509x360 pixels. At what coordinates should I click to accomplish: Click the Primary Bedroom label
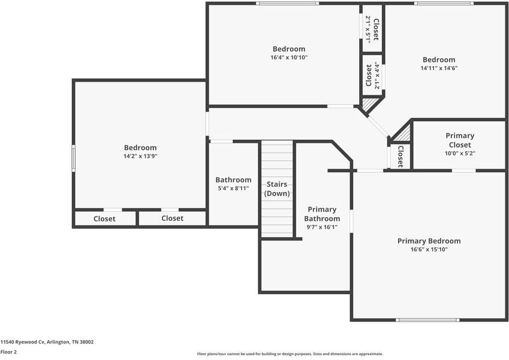[x=429, y=241]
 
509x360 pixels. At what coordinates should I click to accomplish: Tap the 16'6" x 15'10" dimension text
[x=429, y=249]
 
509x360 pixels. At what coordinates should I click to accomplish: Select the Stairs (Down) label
[x=277, y=188]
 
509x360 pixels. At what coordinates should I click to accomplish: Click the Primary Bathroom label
[x=323, y=214]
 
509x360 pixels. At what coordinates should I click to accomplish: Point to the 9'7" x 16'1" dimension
[x=323, y=227]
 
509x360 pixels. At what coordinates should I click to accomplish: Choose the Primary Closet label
[x=459, y=140]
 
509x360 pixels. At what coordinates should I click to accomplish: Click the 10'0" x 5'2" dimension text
[x=459, y=153]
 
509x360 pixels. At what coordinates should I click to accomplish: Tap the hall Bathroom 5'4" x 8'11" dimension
[x=233, y=188]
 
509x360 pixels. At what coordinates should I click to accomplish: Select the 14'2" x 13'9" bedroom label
[x=140, y=148]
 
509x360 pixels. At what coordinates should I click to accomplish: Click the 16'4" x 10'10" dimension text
[x=288, y=58]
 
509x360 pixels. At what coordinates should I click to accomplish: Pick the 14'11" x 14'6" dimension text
[x=438, y=68]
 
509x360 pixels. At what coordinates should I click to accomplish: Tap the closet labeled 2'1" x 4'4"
[x=372, y=76]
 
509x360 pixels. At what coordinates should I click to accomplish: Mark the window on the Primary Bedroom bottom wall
[x=428, y=320]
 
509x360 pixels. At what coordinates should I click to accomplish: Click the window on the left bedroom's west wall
[x=74, y=158]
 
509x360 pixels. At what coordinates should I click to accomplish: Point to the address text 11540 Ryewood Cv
[x=47, y=342]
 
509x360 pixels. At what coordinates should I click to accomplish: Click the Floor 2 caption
[x=8, y=352]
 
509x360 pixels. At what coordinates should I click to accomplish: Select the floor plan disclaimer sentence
[x=290, y=354]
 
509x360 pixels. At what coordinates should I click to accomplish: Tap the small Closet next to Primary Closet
[x=400, y=157]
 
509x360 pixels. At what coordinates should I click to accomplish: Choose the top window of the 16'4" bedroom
[x=287, y=4]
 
